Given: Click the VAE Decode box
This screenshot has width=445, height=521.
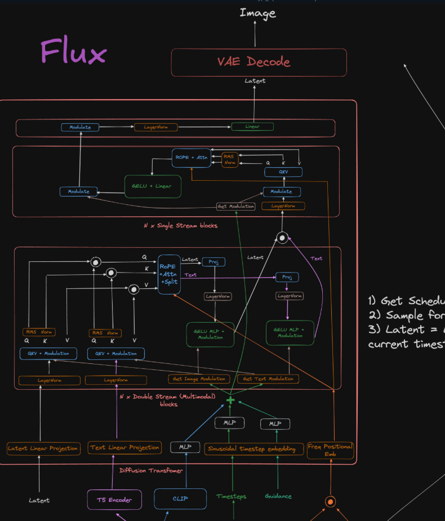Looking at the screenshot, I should point(259,62).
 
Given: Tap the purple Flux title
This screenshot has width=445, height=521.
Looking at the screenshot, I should point(73,52).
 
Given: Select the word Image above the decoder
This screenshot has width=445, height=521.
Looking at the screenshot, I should point(257,12).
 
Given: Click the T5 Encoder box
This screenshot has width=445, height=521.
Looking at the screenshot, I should point(114,500).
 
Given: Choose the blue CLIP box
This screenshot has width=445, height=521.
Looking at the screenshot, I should point(180,498).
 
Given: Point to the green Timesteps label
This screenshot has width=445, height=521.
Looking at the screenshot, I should point(232,496).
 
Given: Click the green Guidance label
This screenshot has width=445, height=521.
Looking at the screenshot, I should point(278,496).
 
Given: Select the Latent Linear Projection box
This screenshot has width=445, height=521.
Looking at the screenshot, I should point(43,448).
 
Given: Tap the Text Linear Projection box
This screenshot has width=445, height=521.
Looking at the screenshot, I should point(124,448).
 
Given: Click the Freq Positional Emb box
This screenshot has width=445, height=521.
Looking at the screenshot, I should point(330,450).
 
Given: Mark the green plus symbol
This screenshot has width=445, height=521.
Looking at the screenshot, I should point(230,400).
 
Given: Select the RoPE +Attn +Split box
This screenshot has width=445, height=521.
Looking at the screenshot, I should point(169,274).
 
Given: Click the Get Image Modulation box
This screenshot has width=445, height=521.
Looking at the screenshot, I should point(199,378).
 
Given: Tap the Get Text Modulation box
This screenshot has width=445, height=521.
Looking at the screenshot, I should point(268,378).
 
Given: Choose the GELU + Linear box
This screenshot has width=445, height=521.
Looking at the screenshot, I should point(153,186).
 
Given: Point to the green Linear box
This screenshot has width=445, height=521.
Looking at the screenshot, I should point(252,127).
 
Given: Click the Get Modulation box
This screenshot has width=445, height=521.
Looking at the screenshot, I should point(236,206).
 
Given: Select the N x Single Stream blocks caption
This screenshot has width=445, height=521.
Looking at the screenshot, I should point(180,225).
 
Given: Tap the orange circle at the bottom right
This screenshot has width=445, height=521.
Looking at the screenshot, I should point(331,501).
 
